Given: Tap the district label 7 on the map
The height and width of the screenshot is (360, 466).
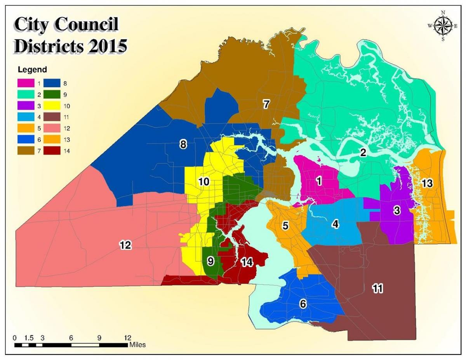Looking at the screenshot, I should coord(266,104).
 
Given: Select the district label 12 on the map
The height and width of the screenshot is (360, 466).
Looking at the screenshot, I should coord(125,245).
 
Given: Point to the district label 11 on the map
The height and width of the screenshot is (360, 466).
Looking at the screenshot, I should coord(377,288).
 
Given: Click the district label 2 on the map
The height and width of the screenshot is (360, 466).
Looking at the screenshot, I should coord(363,153).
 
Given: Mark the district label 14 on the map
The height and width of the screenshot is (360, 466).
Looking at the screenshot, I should coord(247,262).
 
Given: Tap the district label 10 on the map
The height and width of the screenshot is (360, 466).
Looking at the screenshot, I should coord(203,182).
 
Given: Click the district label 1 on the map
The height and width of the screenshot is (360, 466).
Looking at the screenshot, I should coord(319,181).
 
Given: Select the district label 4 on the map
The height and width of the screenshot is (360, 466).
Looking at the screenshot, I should coord(335,224).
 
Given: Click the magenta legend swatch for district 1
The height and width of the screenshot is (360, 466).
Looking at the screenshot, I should coord(24,83).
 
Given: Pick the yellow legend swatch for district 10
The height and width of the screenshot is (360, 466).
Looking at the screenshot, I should coord(51,106).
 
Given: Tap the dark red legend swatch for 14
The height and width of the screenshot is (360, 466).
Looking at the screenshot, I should coord(51,151).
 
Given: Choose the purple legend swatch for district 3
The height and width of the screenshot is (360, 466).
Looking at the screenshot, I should coord(24,106).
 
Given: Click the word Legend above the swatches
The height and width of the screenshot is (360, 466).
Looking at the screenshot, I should coord(32,70).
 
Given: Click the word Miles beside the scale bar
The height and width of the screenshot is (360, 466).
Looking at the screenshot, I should coord(137,344).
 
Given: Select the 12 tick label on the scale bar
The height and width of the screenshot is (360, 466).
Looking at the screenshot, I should coord(127,337).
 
